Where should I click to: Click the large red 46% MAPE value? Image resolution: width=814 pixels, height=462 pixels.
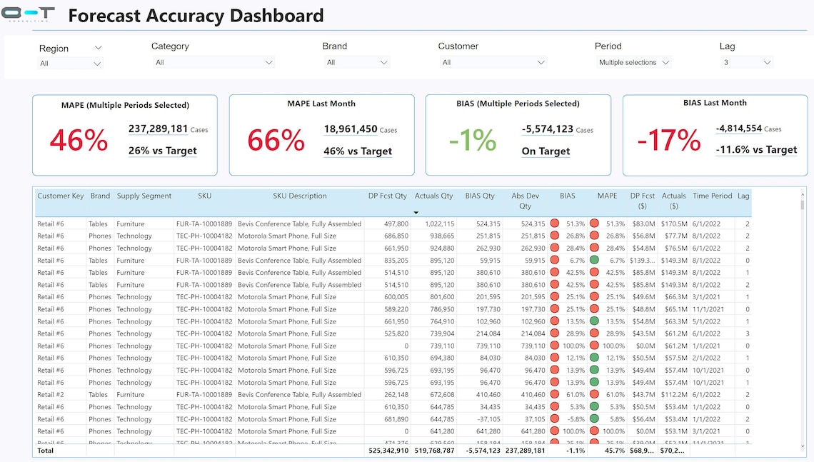click(79, 141)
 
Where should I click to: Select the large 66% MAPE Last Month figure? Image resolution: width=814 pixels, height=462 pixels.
click(276, 141)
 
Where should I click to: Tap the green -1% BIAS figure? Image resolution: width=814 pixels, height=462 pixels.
click(473, 141)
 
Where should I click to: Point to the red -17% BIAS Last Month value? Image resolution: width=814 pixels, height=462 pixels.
click(668, 141)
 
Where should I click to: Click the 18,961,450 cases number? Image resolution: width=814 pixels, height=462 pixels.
click(351, 129)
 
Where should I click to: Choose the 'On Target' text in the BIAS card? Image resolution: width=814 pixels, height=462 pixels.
click(546, 151)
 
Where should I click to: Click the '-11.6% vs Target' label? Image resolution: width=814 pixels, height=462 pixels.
click(756, 150)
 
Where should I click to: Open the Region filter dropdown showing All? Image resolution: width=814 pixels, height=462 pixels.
click(71, 64)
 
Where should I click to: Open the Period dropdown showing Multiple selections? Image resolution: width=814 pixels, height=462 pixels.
click(634, 63)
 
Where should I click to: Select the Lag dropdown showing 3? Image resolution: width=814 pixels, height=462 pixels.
click(747, 63)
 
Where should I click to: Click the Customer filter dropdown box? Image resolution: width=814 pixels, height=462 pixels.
click(492, 63)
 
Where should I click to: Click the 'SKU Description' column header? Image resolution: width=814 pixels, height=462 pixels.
click(299, 196)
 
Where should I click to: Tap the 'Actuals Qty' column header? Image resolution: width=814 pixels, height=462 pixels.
click(433, 196)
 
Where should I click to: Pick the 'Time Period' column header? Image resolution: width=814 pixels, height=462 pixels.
click(712, 196)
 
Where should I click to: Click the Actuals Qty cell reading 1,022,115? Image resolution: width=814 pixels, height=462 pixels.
click(433, 224)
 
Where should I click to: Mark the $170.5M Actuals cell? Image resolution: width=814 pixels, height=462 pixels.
click(673, 224)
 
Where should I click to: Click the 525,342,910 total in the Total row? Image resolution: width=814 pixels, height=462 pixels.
click(388, 451)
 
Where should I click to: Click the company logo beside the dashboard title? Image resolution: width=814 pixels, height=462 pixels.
click(28, 14)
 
